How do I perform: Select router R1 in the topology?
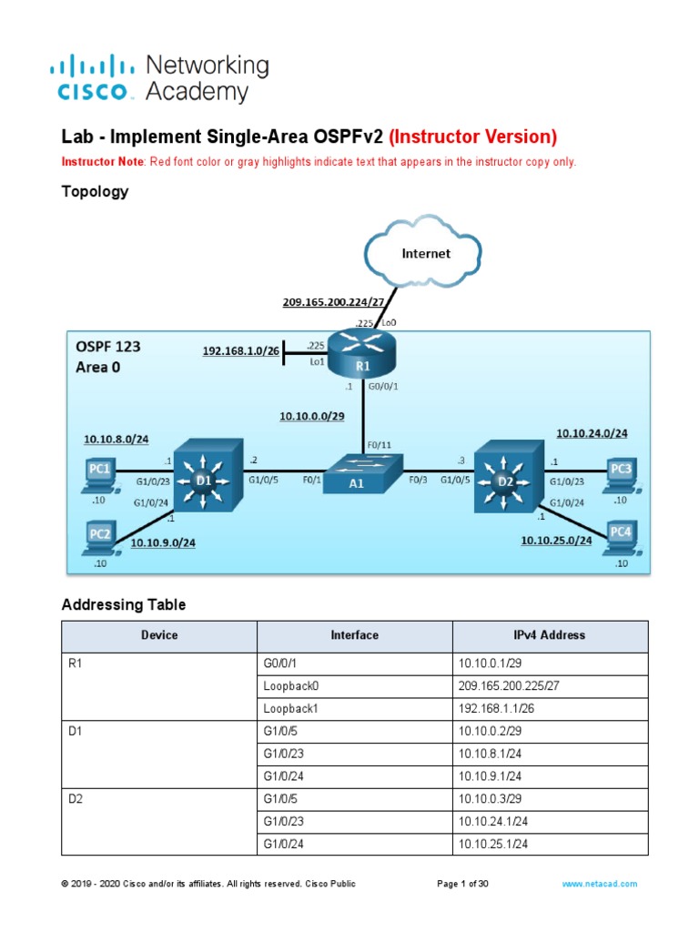[x=362, y=353]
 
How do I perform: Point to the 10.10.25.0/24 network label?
[x=556, y=541]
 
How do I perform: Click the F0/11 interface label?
[x=380, y=446]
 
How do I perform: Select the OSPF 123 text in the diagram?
[x=108, y=347]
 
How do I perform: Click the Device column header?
[x=159, y=635]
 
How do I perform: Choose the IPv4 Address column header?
[x=550, y=635]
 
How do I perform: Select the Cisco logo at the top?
[x=96, y=77]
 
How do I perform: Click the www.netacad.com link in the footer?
[x=599, y=884]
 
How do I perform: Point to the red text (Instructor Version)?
[x=472, y=137]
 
